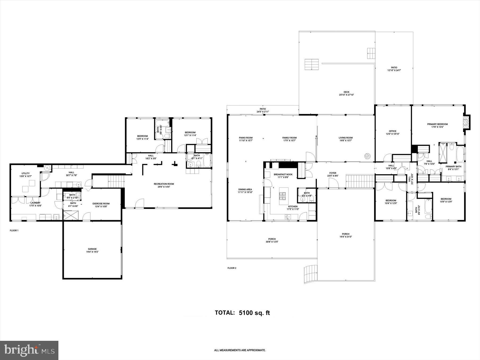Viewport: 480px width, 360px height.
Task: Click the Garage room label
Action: tap(92, 249)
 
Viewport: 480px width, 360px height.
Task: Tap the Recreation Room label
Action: tap(164, 184)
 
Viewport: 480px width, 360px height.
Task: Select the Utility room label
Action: tap(26, 173)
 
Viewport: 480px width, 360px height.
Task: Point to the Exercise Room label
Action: tap(101, 203)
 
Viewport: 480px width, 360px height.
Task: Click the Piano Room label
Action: tap(246, 138)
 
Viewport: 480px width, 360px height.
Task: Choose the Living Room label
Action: tap(346, 138)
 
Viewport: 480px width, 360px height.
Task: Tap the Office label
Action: tap(393, 131)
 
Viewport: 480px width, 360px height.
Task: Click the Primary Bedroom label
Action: tap(437, 124)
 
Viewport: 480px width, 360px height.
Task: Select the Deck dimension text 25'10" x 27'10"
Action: tap(346, 95)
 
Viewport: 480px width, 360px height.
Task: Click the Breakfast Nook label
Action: tap(283, 174)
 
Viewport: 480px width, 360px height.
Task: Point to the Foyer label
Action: tap(333, 173)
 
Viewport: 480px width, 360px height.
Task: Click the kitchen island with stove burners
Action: tap(284, 197)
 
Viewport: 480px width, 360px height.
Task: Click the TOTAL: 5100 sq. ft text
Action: tap(242, 313)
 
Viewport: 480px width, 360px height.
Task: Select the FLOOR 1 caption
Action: tap(14, 230)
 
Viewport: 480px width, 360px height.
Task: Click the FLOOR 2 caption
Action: tap(232, 268)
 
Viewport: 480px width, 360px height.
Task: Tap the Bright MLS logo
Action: tap(29, 350)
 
